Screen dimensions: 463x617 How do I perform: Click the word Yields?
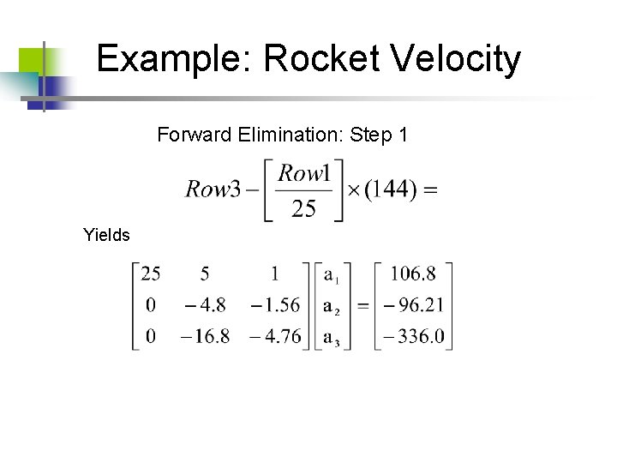tap(106, 234)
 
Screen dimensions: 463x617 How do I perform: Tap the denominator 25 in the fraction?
tap(303, 208)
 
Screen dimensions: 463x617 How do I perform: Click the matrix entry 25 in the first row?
tap(151, 274)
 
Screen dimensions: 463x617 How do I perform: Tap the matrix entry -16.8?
tap(205, 336)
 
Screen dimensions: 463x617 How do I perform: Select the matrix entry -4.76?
tap(276, 336)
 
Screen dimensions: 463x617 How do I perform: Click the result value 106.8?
tap(413, 274)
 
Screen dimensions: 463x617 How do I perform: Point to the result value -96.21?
tap(412, 305)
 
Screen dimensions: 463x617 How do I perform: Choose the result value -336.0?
tap(413, 336)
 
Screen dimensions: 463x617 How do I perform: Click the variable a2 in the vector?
tap(332, 306)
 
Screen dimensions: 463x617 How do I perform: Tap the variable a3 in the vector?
tap(332, 337)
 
